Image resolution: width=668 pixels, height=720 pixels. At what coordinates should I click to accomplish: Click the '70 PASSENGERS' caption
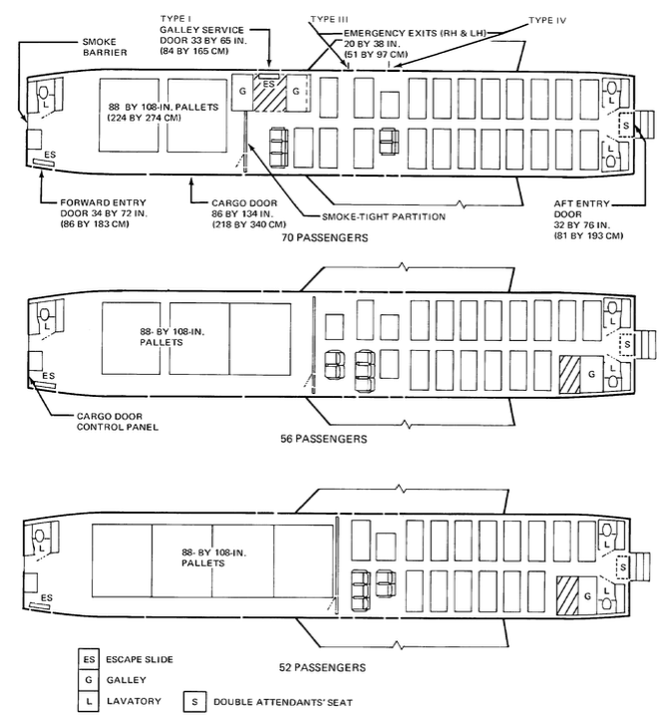(x=325, y=238)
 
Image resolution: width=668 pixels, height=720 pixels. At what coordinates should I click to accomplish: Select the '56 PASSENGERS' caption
(x=325, y=438)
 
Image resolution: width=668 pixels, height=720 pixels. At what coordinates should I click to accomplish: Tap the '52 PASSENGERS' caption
(x=323, y=666)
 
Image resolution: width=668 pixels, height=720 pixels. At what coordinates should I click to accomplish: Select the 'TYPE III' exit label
(x=329, y=19)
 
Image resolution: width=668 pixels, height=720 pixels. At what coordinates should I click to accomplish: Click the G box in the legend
(x=88, y=681)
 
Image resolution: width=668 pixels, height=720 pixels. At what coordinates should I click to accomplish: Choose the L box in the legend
(x=88, y=702)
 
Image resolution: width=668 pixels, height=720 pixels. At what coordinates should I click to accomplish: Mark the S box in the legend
(x=195, y=702)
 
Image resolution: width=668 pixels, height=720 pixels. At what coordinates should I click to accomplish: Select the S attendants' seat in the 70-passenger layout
(x=626, y=127)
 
